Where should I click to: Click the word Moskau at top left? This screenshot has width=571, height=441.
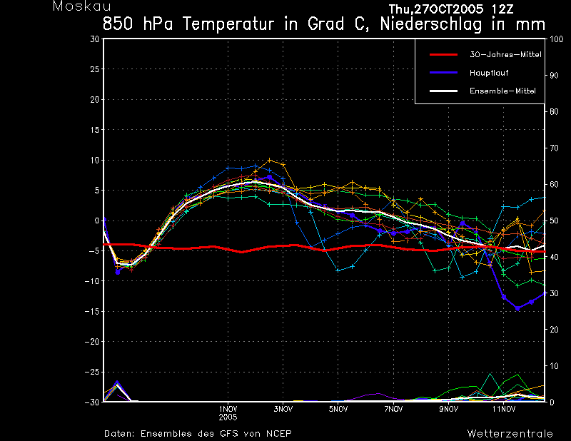pyautogui.click(x=82, y=6)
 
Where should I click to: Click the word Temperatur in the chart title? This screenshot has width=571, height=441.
pyautogui.click(x=228, y=24)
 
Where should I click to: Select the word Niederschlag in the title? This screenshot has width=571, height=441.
pyautogui.click(x=431, y=24)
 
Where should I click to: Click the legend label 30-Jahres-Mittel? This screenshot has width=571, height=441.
pyautogui.click(x=505, y=55)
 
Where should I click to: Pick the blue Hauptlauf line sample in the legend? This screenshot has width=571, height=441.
pyautogui.click(x=443, y=73)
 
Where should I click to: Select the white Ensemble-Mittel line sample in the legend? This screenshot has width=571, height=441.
pyautogui.click(x=443, y=91)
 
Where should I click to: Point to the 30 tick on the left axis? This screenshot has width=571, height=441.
pyautogui.click(x=95, y=39)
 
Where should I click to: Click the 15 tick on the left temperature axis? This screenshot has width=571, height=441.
pyautogui.click(x=95, y=130)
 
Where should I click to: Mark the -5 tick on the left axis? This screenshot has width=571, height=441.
pyautogui.click(x=94, y=251)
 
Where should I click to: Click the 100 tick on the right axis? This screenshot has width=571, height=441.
pyautogui.click(x=557, y=39)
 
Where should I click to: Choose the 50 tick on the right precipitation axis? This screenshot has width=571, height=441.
pyautogui.click(x=554, y=220)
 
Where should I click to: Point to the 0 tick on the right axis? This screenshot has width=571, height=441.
pyautogui.click(x=552, y=402)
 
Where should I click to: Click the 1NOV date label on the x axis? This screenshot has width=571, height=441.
pyautogui.click(x=228, y=409)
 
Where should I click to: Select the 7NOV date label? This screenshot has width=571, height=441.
pyautogui.click(x=394, y=409)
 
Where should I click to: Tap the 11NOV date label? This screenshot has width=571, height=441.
pyautogui.click(x=504, y=409)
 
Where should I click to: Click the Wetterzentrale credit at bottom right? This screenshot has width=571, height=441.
pyautogui.click(x=510, y=434)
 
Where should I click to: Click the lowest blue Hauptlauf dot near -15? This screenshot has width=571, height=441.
pyautogui.click(x=517, y=308)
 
